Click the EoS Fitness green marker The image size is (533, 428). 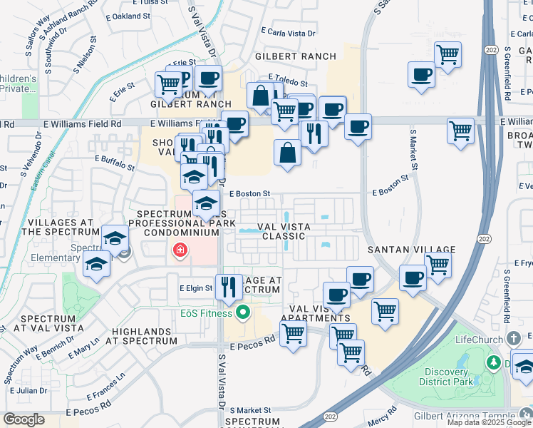coord(242,312)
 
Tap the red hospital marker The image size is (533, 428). coord(179,250)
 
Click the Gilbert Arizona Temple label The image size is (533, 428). coord(464,417)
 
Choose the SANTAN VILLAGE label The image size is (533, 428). coord(411,250)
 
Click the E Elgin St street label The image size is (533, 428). coord(196,288)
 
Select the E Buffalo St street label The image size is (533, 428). coord(115,164)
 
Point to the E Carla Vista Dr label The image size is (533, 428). coord(288,32)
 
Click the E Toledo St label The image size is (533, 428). coord(288,83)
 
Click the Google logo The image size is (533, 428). coord(24,419)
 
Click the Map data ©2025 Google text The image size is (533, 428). coord(489,422)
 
